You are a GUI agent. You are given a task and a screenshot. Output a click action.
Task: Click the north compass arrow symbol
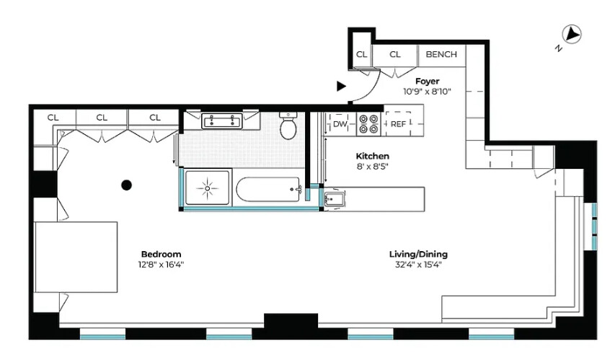(573, 34)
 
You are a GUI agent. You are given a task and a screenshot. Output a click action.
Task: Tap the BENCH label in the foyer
(441, 54)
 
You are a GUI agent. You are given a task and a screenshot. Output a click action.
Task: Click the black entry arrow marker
(341, 86)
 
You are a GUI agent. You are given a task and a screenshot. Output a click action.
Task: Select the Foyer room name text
(427, 82)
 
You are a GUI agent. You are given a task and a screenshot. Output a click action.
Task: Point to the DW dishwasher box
(340, 124)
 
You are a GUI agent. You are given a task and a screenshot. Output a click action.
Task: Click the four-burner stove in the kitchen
(369, 124)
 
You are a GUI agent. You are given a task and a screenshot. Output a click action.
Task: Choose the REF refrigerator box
(398, 124)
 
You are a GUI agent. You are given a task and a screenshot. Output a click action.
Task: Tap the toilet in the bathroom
(288, 126)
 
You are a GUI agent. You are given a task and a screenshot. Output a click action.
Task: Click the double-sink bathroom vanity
(221, 120)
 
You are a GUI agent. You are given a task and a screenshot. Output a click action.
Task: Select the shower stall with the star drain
(208, 188)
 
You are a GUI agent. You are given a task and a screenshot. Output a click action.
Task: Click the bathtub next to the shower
(268, 190)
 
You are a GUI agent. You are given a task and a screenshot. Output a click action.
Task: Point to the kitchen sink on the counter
(334, 199)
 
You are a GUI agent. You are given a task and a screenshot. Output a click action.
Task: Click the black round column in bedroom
(126, 185)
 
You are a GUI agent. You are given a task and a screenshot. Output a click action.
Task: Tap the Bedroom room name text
(161, 254)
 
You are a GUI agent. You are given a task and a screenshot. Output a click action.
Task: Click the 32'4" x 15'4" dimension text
(418, 265)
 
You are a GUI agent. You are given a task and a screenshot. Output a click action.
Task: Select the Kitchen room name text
(372, 156)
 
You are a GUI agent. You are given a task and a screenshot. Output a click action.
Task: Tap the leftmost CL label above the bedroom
(53, 117)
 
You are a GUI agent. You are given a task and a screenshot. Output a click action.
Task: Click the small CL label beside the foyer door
(361, 54)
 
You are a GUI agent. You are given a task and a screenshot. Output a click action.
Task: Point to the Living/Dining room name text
(418, 254)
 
